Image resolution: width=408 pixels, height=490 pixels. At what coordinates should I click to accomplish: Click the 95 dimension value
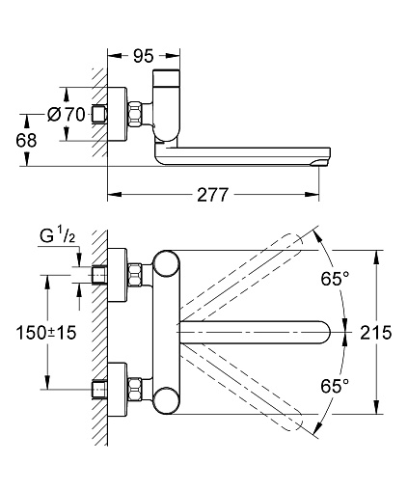[144, 56]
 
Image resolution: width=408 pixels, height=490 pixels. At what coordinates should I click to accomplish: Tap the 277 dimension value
[213, 195]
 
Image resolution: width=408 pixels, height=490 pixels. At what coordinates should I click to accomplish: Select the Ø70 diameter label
[67, 114]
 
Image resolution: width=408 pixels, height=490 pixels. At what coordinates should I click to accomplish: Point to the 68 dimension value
[26, 141]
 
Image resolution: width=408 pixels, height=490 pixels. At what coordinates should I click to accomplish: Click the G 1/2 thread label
[58, 236]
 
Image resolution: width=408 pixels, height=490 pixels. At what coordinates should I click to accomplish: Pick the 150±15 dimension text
[46, 332]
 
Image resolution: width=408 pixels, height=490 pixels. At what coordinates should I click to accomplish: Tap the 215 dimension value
[376, 332]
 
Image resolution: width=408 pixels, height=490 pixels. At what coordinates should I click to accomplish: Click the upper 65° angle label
[335, 278]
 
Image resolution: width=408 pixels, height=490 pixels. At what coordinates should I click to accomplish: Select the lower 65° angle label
[335, 386]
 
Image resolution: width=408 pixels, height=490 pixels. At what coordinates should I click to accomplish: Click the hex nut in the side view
[135, 115]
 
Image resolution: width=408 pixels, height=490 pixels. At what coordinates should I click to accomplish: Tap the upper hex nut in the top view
[135, 275]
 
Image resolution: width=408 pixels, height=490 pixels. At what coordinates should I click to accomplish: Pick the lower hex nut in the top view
[135, 389]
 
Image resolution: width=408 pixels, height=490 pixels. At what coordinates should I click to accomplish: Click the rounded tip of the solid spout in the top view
[330, 333]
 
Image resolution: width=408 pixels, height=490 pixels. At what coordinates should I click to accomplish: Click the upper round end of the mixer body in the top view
[166, 263]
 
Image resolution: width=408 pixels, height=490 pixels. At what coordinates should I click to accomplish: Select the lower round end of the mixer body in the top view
[166, 400]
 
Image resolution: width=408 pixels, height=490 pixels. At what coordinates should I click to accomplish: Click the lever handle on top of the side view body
[166, 78]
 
